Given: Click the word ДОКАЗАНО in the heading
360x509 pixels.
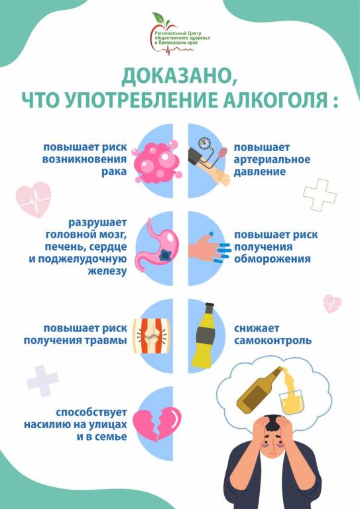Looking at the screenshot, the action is tap(178, 76).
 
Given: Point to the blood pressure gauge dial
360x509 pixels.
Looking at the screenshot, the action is tap(204, 144).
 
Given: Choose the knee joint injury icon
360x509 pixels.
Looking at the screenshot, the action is tap(152, 335).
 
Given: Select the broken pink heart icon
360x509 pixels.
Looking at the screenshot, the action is tap(157, 424).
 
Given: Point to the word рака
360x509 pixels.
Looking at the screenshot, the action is tap(114, 172).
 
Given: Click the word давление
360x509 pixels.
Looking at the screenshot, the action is tap(260, 172).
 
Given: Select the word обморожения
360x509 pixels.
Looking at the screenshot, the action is tap(272, 259).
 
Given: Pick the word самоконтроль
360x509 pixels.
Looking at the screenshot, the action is tap(272, 341).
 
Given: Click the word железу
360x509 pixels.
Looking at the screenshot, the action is tap(107, 271).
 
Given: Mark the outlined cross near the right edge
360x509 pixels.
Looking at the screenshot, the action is tap(320, 195).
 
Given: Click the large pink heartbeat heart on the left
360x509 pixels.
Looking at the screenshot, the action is tap(33, 199).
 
